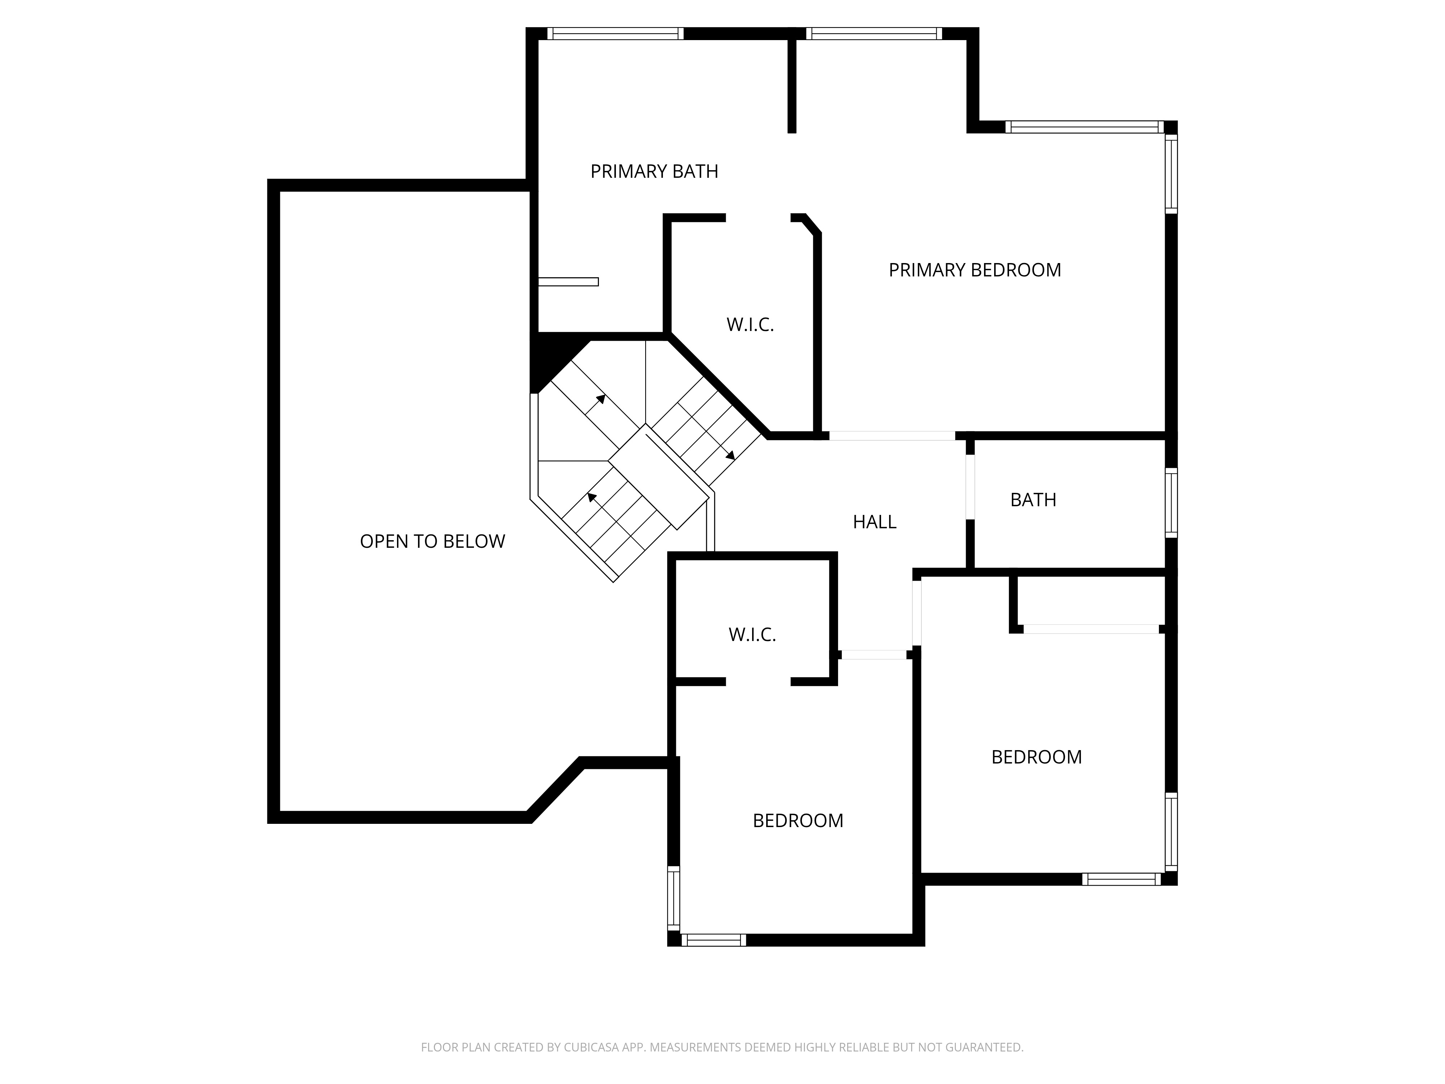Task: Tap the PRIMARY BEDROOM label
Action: coord(975,270)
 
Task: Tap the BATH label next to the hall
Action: coord(1033,500)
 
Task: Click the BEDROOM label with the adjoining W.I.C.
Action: coord(798,821)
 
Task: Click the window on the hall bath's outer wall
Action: coord(1171,503)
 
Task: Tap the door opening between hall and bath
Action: coord(970,487)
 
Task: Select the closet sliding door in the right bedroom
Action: coord(1091,629)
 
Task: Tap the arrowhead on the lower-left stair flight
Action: coord(592,497)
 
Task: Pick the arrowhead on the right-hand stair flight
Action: coord(730,455)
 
